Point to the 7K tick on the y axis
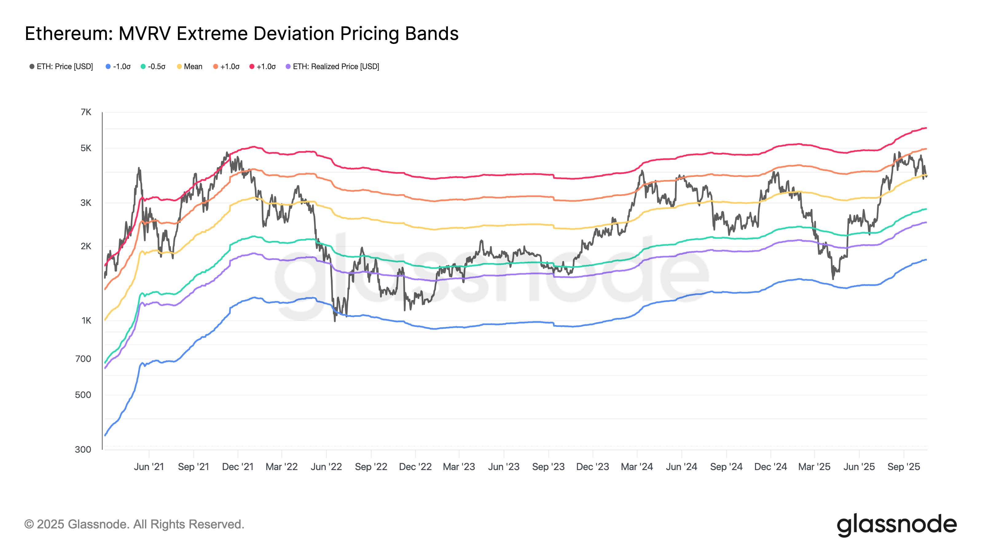coord(86,112)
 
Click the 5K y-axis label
coord(86,148)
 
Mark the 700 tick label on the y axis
coord(83,359)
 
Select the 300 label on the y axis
coord(83,449)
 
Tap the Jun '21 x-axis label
coord(149,467)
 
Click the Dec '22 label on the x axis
coord(415,467)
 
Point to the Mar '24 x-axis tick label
coord(637,467)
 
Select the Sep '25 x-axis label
coord(904,467)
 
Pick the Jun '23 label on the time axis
coord(504,467)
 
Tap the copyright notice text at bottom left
coord(134,524)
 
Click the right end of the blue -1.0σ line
coord(926,260)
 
